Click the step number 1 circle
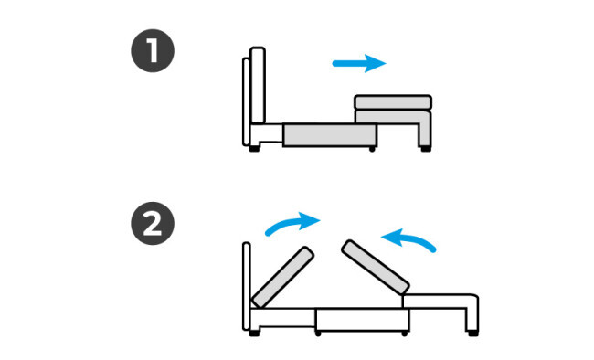tap(153, 51)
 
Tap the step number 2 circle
tap(153, 223)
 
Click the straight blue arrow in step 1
tap(359, 63)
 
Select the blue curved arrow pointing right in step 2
tap(292, 223)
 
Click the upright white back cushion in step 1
tap(258, 85)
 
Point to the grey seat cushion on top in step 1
tap(393, 102)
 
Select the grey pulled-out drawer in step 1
tap(330, 135)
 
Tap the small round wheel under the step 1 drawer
tap(372, 149)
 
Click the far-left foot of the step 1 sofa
tap(254, 149)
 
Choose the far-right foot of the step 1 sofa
tap(426, 149)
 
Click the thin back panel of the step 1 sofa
tap(246, 101)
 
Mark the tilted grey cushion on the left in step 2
tap(282, 277)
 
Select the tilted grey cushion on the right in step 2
tap(375, 267)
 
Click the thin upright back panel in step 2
tap(246, 286)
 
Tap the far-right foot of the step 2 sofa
tap(472, 334)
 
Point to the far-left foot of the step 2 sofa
tap(254, 334)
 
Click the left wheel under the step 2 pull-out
tap(318, 334)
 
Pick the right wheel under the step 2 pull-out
tap(405, 334)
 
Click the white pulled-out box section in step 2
tap(362, 320)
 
